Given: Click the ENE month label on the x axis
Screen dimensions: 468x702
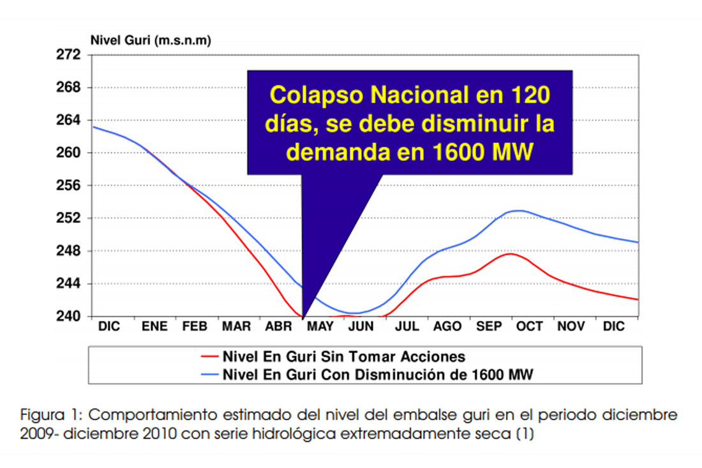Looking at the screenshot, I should click(x=154, y=327).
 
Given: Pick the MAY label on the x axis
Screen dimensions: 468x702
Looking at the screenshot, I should click(x=320, y=327).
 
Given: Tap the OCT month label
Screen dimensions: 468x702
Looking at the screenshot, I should click(x=529, y=327).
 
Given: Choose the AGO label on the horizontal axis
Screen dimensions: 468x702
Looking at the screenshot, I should click(x=447, y=327).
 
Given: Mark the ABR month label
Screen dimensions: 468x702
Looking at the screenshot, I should click(x=278, y=327).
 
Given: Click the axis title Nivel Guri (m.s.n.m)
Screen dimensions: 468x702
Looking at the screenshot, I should click(x=151, y=40).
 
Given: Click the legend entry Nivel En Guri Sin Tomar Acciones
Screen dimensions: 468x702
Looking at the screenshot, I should click(x=343, y=356).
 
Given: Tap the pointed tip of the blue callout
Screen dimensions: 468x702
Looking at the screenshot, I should click(x=302, y=317).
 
